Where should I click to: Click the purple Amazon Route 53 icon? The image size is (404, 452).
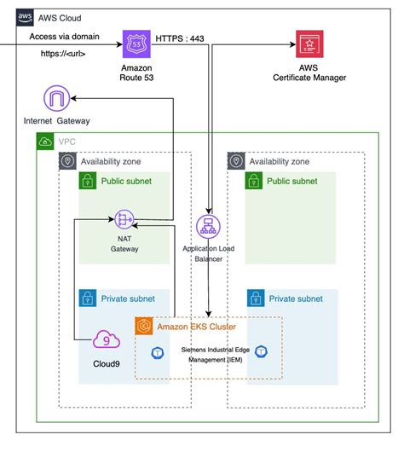(x=136, y=44)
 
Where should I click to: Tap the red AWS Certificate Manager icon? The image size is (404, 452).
(x=309, y=44)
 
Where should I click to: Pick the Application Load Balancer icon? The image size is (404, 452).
(x=208, y=226)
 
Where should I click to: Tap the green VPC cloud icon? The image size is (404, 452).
(x=44, y=142)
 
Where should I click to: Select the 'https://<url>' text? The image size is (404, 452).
(x=64, y=53)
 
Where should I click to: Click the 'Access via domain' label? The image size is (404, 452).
(x=64, y=37)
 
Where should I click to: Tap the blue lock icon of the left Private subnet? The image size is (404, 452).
(x=86, y=298)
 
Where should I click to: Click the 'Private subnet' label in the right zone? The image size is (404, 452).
(x=296, y=298)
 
